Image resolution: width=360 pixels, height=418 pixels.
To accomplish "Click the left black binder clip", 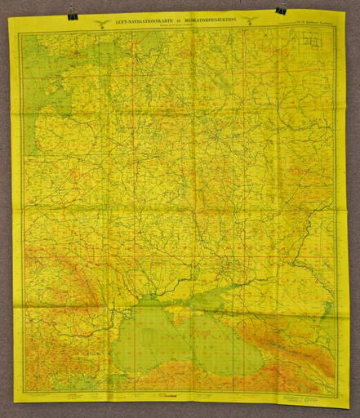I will pyautogui.click(x=73, y=14).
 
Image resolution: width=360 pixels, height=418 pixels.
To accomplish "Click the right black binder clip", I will pyautogui.click(x=282, y=10).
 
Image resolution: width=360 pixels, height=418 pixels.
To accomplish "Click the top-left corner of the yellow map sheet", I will pyautogui.click(x=9, y=18).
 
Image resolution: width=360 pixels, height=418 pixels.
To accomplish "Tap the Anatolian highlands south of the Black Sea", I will pyautogui.click(x=204, y=384).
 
